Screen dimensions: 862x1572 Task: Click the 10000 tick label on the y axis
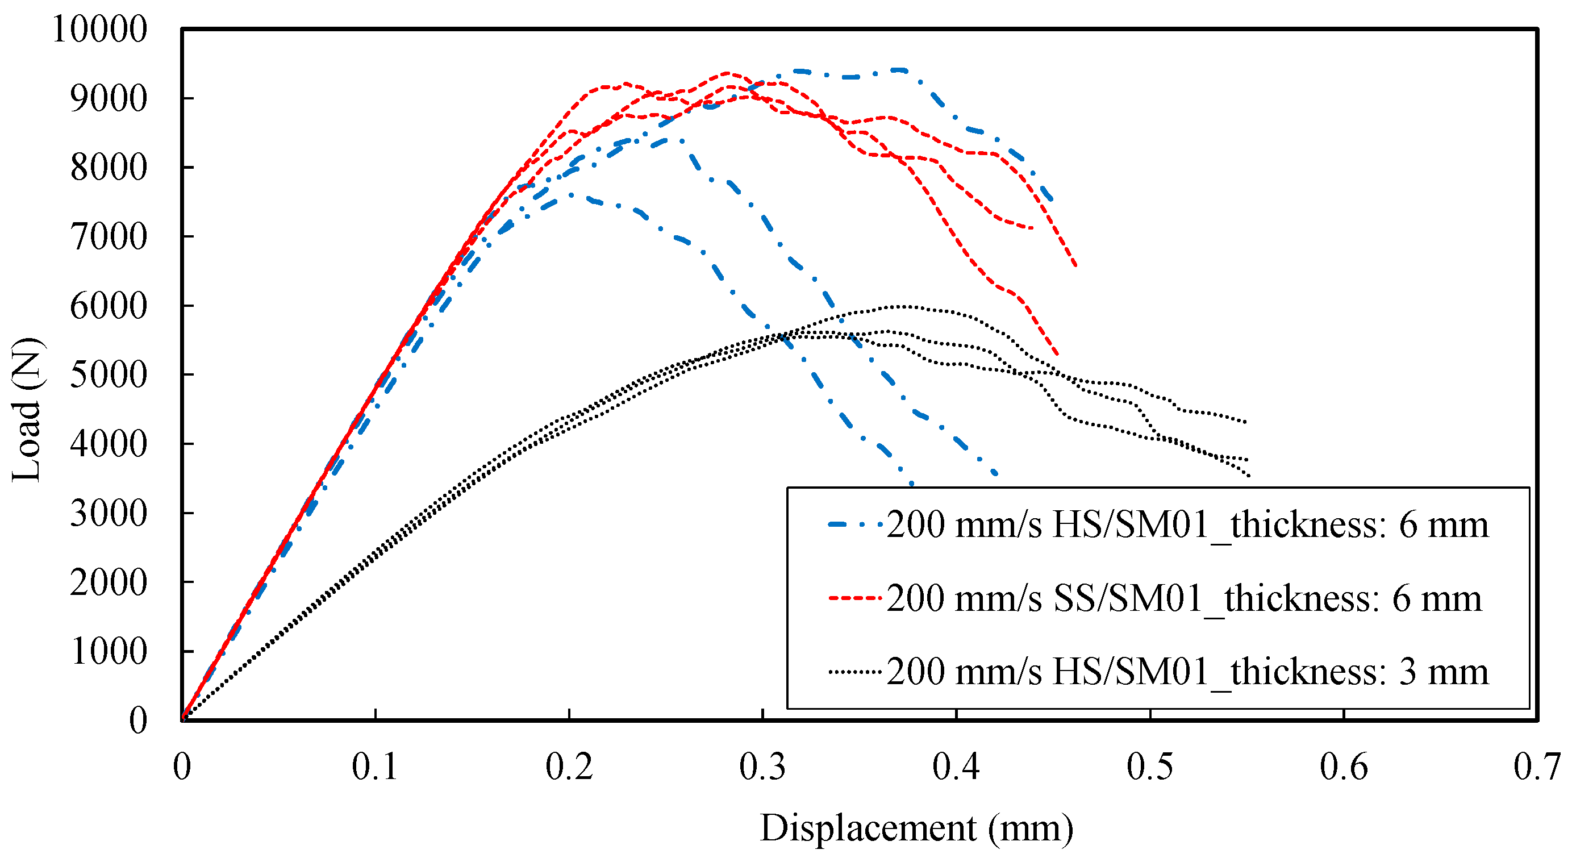[99, 30]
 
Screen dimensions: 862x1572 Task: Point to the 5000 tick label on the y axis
[108, 374]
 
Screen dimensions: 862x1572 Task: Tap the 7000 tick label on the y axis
[108, 237]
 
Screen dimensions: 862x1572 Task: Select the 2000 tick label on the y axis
[108, 582]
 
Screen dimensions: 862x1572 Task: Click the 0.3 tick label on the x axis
[762, 767]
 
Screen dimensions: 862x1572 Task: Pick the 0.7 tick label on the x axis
[1536, 767]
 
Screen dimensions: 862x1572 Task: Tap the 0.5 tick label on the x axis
[1150, 767]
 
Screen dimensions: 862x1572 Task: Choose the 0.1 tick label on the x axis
[375, 767]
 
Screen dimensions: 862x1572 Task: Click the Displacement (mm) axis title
[916, 828]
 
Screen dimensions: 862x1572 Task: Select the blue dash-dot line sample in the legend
[854, 524]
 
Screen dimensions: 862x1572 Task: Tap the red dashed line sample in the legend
[854, 598]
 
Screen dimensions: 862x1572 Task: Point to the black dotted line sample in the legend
[854, 672]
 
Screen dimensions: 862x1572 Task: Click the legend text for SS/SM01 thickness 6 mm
[1183, 598]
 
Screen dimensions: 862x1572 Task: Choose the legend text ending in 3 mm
[1187, 672]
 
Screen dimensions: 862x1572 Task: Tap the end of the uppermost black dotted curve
[1245, 422]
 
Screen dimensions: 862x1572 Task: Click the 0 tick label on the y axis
[138, 721]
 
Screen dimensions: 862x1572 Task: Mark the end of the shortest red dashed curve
[1032, 228]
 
